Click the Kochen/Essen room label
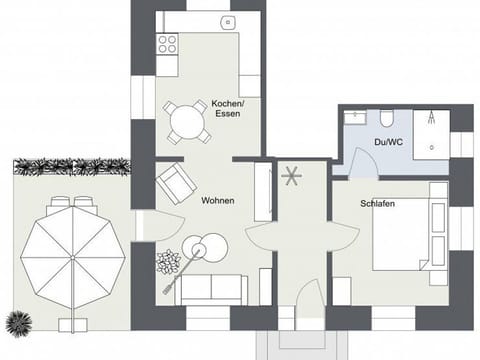pos(227,109)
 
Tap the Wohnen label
pos(218,201)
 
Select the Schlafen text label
pos(377,204)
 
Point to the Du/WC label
pos(388,143)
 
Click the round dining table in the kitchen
pos(188,123)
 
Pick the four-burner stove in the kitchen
pos(167,45)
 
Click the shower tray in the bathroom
pos(431,132)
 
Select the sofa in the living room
pos(210,289)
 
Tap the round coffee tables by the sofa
pos(204,246)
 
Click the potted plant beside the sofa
pos(167,263)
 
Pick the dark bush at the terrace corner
pos(17,323)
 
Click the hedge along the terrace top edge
pos(70,166)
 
